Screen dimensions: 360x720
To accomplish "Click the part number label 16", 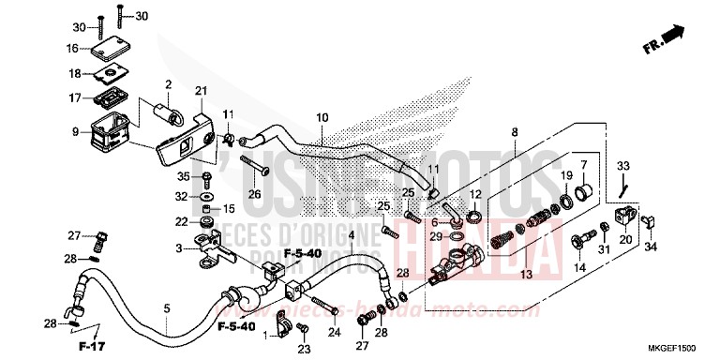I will point(72,48).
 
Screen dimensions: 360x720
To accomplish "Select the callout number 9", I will point(74,132).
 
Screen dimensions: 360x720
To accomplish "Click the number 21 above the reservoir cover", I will point(200,90).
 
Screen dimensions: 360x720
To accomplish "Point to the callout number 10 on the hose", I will point(322,118).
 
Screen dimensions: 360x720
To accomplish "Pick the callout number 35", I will point(184,175).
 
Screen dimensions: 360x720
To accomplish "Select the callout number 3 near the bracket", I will point(178,248).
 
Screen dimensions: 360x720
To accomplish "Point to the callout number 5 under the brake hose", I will point(167,307).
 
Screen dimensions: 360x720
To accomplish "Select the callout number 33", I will point(622,167).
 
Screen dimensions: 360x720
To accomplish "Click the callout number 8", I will point(513,134).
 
